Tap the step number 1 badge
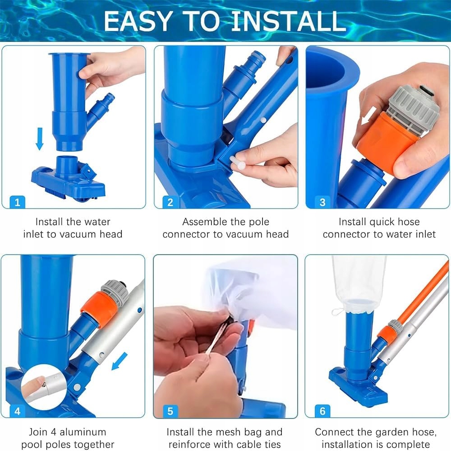coord(17,202)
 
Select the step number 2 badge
coord(170,202)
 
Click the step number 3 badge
coord(322,202)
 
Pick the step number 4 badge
coord(17,411)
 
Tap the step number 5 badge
coord(170,411)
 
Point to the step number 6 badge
coord(322,411)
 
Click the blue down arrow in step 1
coord(40,139)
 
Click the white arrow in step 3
coord(369,116)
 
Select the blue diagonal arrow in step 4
coord(120,361)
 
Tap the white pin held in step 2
coord(238,163)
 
